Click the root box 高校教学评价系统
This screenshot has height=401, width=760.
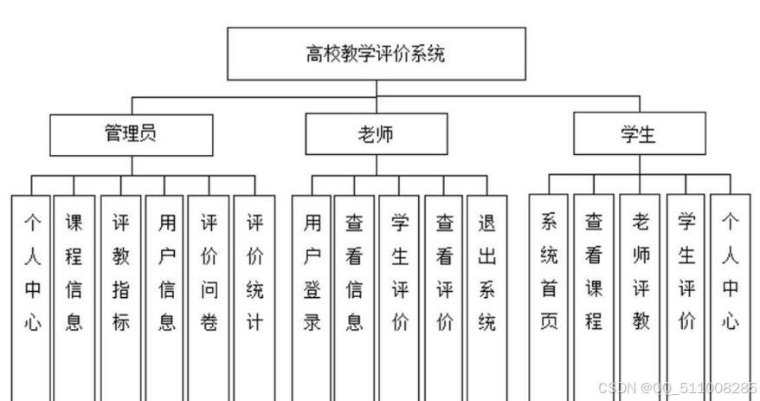pos(376,55)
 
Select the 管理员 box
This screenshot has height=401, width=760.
pos(130,134)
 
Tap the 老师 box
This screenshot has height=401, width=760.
pos(377,134)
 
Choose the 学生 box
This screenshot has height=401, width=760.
pos(638,134)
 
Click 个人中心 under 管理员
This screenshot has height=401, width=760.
pos(32,273)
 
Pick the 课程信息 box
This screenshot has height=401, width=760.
pos(74,273)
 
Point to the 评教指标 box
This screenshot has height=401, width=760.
pos(120,273)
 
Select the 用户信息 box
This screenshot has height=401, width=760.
pos(166,273)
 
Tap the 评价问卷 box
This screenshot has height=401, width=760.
pos(209,273)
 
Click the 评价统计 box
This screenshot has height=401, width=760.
pos(254,273)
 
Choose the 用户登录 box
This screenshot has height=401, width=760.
pos(312,273)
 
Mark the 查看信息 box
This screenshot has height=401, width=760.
pos(355,273)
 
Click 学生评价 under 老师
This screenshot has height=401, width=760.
pos(399,273)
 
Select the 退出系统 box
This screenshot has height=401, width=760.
pos(487,273)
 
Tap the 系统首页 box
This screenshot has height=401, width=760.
pos(550,273)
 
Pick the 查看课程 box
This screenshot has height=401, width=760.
pos(594,273)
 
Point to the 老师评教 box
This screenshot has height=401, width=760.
pos(641,273)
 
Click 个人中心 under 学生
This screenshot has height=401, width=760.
pos(731,273)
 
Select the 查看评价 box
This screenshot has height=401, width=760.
pos(445,273)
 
